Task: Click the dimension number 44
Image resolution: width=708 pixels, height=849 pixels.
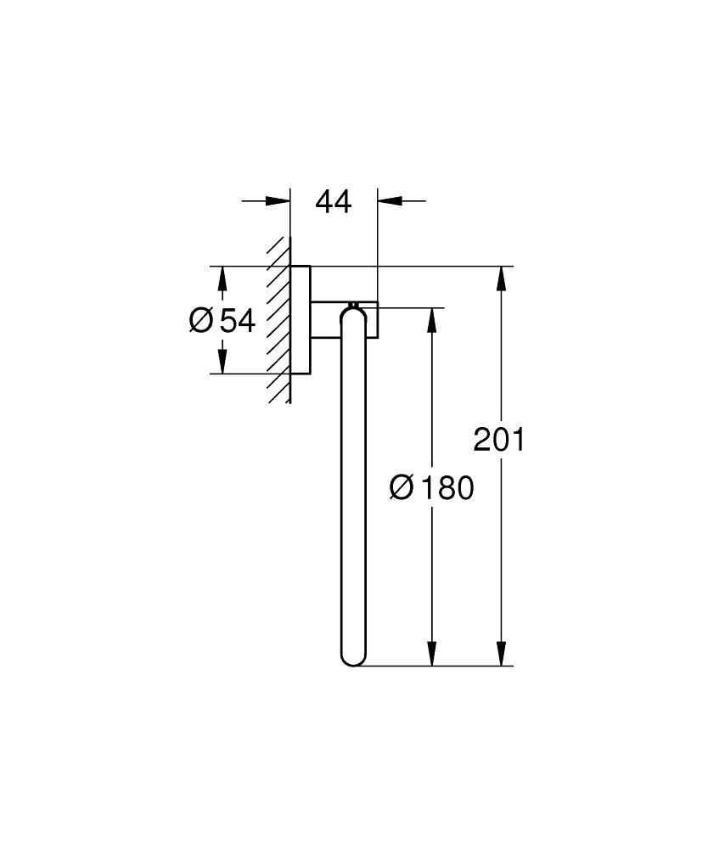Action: click(333, 202)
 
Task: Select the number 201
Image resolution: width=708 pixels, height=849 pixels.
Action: click(499, 440)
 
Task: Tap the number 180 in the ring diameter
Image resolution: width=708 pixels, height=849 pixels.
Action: click(443, 488)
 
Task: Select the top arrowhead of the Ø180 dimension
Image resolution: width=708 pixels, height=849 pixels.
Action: click(432, 319)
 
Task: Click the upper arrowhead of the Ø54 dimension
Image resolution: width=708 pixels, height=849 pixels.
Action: click(222, 278)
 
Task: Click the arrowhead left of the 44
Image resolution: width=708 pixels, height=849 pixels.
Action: click(278, 201)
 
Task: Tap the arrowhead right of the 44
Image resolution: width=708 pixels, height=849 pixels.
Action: click(390, 201)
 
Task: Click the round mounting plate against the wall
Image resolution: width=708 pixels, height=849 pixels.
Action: click(301, 320)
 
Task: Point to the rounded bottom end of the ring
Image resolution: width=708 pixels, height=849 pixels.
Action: click(352, 657)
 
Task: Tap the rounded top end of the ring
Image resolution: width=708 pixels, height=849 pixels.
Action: click(352, 314)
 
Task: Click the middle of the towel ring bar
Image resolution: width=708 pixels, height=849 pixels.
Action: click(352, 488)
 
